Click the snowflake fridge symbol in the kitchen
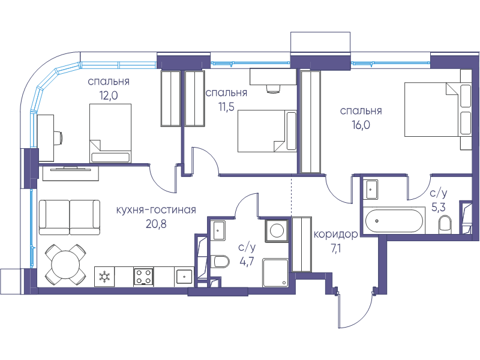[104, 277]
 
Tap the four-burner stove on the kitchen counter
[143, 277]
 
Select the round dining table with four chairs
[65, 264]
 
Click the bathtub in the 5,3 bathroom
[394, 220]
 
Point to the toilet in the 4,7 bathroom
[220, 262]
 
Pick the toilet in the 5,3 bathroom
[445, 223]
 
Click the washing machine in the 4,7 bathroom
[277, 230]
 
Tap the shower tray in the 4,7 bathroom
[275, 273]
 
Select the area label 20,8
[156, 224]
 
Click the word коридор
[336, 235]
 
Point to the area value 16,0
[361, 125]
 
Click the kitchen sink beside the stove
[184, 277]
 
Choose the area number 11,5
[226, 107]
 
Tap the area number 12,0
[109, 96]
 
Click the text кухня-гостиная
[156, 210]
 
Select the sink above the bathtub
[370, 190]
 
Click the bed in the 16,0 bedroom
[438, 109]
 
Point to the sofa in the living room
[70, 217]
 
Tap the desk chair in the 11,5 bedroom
[273, 89]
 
